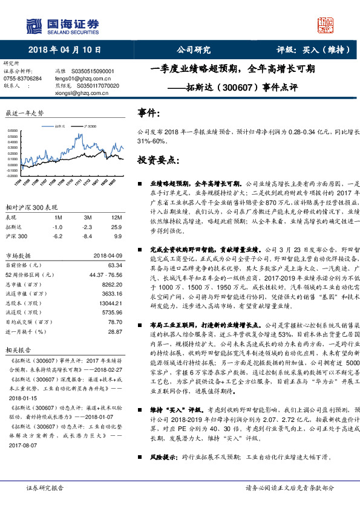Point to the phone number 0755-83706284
(x=23, y=79)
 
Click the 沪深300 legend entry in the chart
(x=88, y=126)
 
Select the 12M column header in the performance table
(x=117, y=216)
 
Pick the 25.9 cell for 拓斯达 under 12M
(x=117, y=226)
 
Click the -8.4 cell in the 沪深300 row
(x=88, y=236)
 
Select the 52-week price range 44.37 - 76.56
(x=105, y=274)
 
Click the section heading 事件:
(x=149, y=113)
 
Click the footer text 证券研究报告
(x=44, y=504)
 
